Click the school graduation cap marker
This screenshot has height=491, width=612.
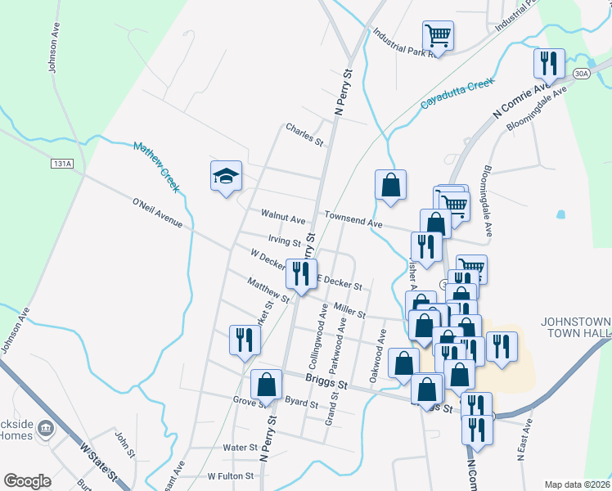227,176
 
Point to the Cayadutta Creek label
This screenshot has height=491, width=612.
457,92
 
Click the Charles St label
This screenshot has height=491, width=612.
304,134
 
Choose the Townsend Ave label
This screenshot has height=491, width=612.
353,221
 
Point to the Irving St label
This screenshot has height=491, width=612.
286,241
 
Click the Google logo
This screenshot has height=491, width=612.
28,481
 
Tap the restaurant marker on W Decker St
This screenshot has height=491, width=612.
301,273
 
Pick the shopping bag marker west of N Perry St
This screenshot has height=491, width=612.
267,385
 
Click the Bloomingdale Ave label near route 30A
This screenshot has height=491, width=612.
537,111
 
